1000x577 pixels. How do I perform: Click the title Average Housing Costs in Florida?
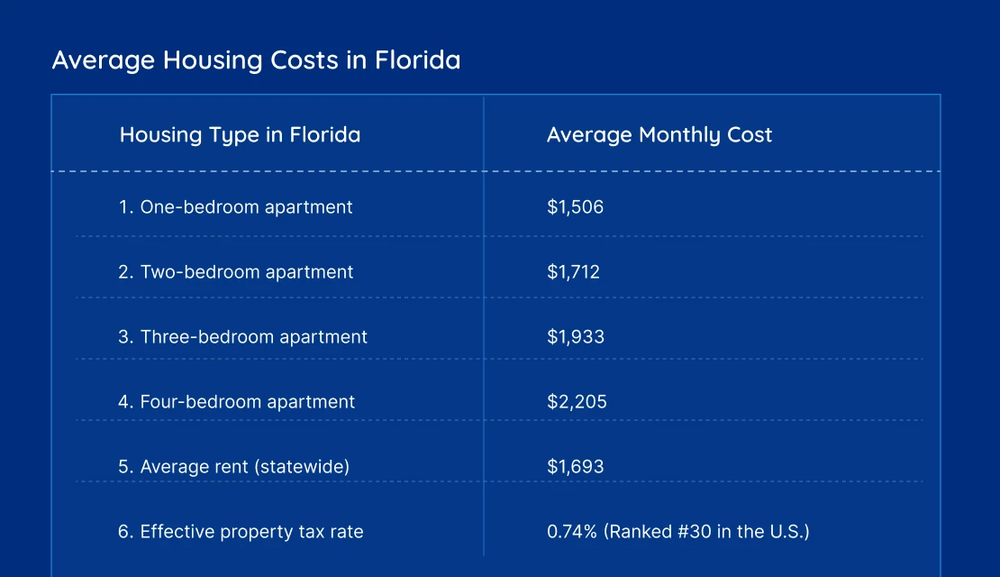click(256, 60)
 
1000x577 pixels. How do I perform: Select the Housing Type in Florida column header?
click(240, 135)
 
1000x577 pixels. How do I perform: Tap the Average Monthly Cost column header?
click(659, 135)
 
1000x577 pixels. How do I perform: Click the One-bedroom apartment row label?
click(235, 207)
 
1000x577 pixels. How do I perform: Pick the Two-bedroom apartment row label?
click(236, 272)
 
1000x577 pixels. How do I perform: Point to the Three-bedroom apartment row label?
click(242, 337)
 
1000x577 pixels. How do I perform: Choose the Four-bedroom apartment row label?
click(236, 402)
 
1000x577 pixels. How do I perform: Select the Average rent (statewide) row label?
click(233, 467)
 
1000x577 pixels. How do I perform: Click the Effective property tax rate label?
click(241, 532)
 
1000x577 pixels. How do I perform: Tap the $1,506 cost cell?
click(575, 207)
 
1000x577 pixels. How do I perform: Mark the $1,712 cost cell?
click(573, 272)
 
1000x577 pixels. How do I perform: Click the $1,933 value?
click(575, 337)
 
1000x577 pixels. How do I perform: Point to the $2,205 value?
click(577, 402)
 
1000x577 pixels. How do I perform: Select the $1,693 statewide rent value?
click(575, 467)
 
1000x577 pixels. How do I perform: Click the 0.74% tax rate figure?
click(571, 532)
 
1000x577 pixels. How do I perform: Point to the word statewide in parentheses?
click(303, 467)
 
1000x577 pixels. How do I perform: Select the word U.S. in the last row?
click(785, 532)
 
